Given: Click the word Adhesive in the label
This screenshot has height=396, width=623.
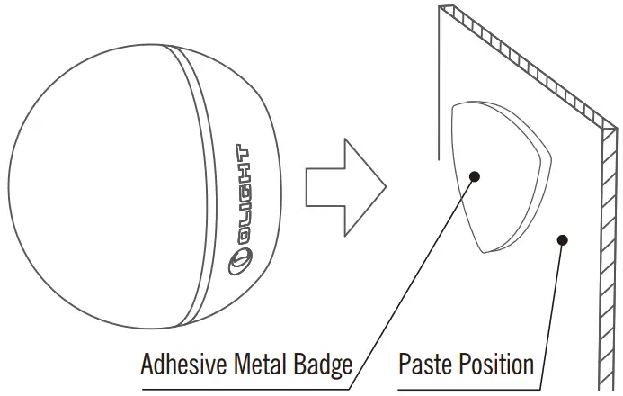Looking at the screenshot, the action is [184, 365].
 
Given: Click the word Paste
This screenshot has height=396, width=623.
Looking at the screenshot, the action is [426, 365].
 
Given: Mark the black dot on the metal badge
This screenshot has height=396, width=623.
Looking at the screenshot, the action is [474, 176].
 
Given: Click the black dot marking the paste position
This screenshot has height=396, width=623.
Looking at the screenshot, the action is [563, 240].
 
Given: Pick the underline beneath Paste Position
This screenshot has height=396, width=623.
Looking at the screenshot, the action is [467, 389].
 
